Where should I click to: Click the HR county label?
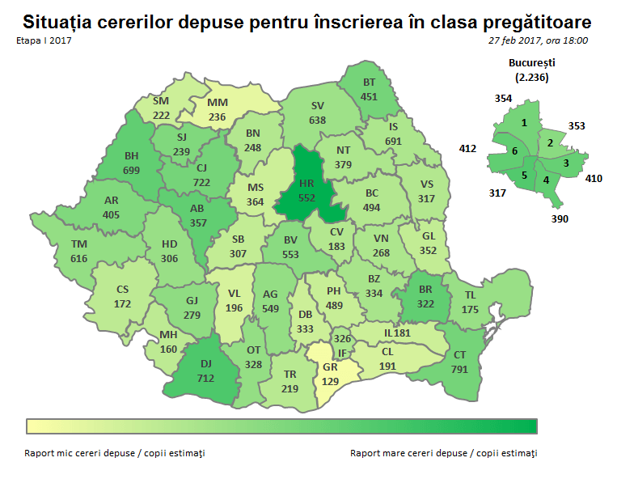306,184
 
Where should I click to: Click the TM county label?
78,244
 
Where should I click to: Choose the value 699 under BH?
132,170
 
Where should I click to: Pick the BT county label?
370,83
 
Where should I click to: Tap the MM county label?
217,103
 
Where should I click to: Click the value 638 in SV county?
318,120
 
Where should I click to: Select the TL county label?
470,295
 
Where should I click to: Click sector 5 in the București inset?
524,175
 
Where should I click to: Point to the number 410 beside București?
594,178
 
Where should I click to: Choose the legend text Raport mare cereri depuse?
408,453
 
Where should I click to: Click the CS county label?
123,290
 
